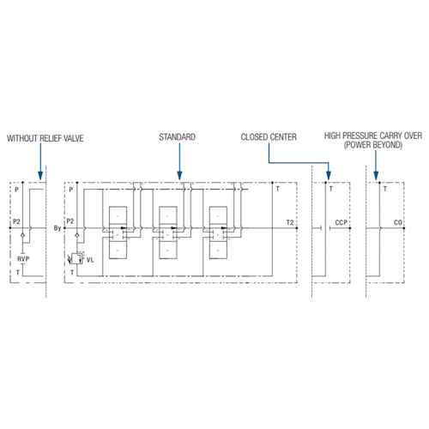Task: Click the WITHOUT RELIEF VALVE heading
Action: [45, 138]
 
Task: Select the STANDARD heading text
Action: [178, 137]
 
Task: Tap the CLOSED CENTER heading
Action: [269, 137]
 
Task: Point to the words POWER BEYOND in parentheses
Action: [373, 145]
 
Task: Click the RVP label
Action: [23, 259]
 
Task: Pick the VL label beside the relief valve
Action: [90, 260]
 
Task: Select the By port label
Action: [57, 228]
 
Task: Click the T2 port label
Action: [290, 222]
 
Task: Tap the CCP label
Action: [341, 222]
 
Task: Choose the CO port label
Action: [398, 222]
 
